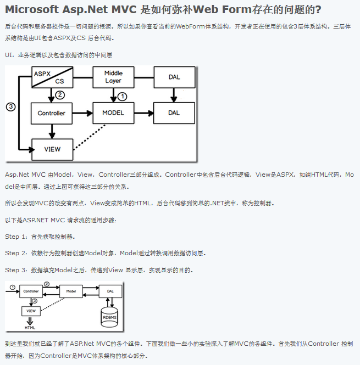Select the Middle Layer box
[113, 77]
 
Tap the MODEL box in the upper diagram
[113, 113]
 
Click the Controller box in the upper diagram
[52, 113]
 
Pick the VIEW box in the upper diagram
[52, 148]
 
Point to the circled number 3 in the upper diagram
[10, 106]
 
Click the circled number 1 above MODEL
[123, 96]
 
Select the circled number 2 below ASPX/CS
[60, 95]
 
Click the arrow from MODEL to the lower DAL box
[144, 113]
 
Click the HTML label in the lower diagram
[30, 327]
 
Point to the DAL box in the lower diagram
[110, 291]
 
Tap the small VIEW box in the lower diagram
[30, 311]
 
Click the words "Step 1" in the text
[15, 237]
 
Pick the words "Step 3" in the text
[15, 270]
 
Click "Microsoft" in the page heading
[34, 10]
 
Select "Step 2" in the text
[15, 253]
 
